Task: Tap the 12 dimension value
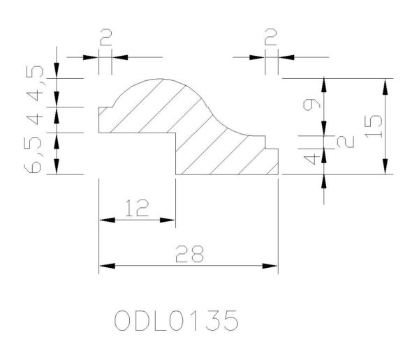(137, 209)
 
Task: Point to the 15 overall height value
(372, 126)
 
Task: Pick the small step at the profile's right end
(272, 147)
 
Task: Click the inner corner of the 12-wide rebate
(175, 133)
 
